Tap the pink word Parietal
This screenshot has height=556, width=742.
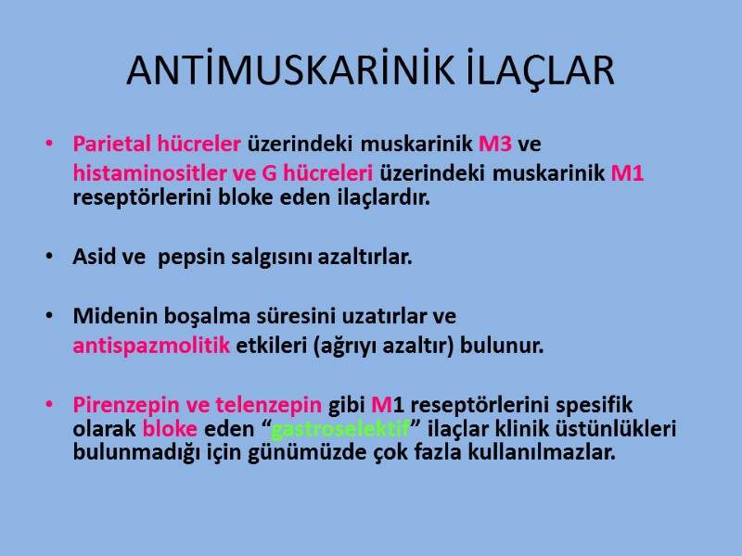[109, 145]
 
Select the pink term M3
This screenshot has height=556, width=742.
[495, 145]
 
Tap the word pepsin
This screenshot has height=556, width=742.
[188, 257]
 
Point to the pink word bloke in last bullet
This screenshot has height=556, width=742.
[167, 429]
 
